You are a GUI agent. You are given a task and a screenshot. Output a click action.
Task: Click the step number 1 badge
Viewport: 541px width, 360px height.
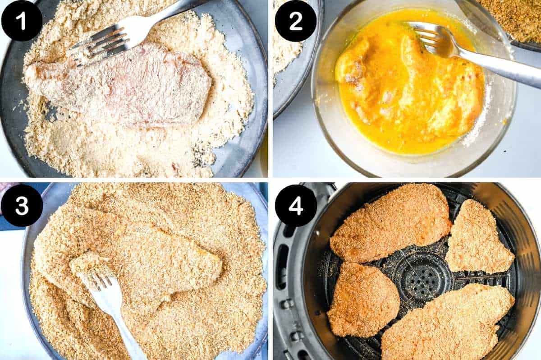point(22,20)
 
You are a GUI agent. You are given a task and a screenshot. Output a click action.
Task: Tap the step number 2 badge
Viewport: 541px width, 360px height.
point(295,20)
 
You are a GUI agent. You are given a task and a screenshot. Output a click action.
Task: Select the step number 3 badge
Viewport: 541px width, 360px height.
point(22,205)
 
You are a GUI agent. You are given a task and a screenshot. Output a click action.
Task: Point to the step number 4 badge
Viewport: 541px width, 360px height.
point(295,205)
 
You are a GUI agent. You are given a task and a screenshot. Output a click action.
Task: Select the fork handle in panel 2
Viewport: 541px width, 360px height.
point(500,68)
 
